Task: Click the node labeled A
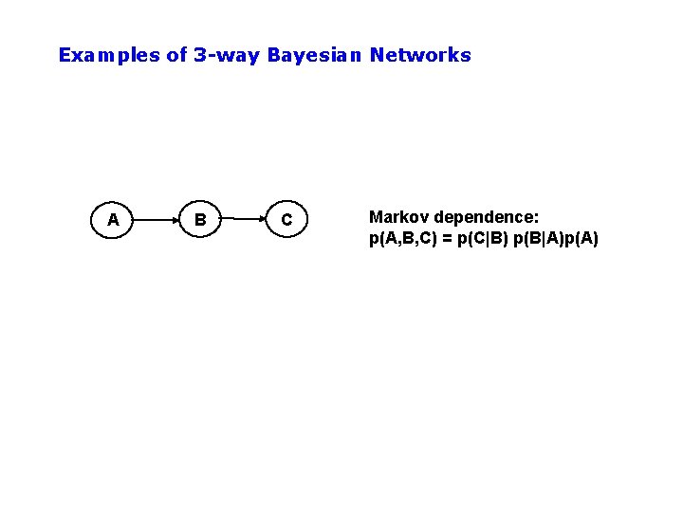click(x=113, y=220)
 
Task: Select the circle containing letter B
click(x=199, y=220)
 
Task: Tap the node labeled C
click(x=286, y=220)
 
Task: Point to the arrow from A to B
click(x=156, y=220)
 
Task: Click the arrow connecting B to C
click(x=243, y=220)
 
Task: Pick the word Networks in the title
click(x=420, y=55)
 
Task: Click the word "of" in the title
click(x=176, y=55)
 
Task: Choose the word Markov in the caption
click(x=396, y=218)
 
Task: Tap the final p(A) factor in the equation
click(x=582, y=238)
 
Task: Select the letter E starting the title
click(x=65, y=55)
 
